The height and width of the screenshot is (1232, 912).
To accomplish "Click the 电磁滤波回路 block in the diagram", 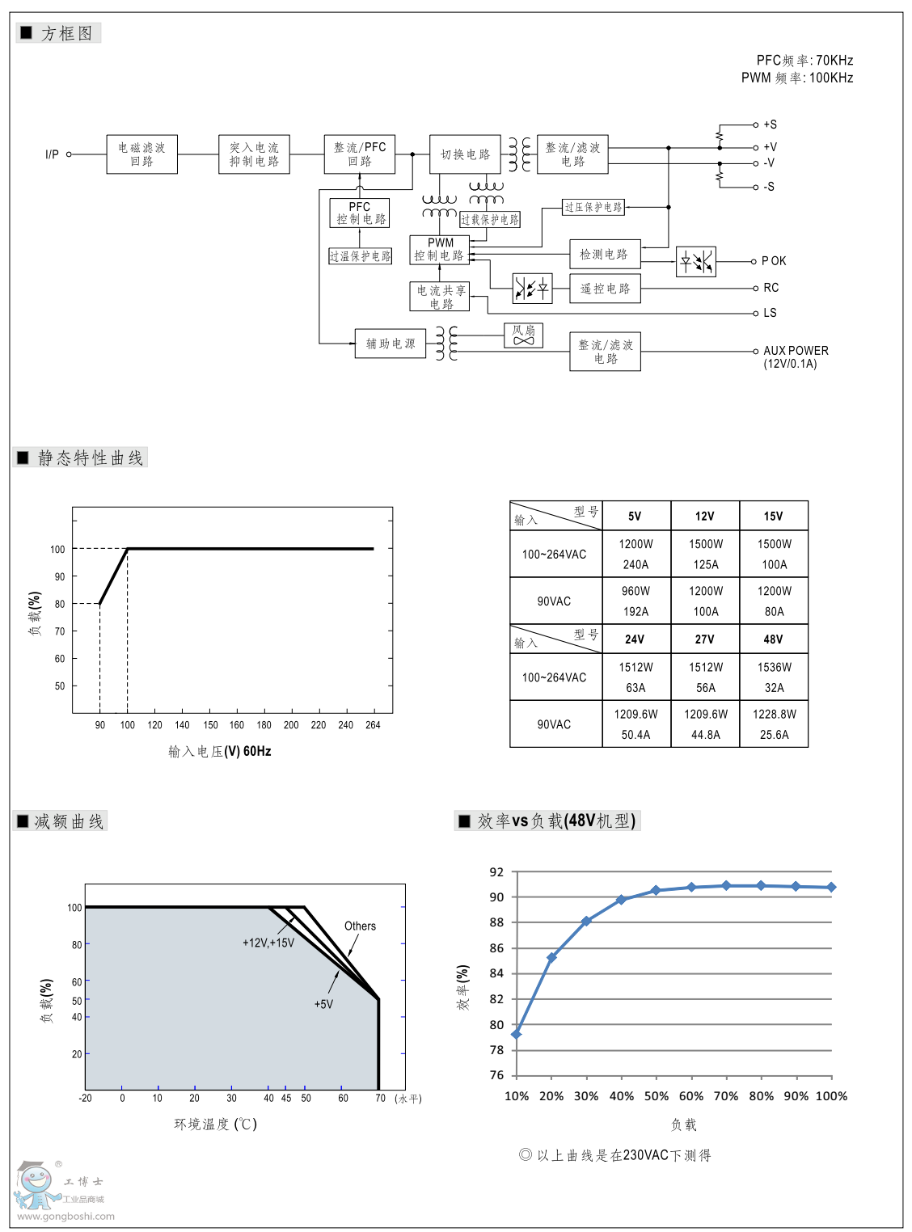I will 141,154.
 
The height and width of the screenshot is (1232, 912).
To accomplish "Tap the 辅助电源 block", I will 391,344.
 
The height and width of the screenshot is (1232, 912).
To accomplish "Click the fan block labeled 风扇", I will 523,335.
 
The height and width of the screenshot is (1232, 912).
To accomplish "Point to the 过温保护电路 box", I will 360,256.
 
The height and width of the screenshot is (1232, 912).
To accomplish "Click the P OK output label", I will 774,261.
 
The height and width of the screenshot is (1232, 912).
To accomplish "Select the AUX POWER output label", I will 796,351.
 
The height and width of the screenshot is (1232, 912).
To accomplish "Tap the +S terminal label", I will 770,124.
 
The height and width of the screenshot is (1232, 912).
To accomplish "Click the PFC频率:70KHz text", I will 804,61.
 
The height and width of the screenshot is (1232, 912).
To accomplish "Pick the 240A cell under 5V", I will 635,565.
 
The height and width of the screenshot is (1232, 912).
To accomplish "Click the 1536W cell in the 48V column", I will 774,667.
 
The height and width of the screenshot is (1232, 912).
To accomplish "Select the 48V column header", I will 773,639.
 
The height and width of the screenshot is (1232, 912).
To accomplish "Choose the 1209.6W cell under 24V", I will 635,714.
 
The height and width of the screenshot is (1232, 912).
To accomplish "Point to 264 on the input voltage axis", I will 373,725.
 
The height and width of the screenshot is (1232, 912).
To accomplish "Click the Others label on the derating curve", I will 360,926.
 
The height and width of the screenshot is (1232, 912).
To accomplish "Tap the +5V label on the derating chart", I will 323,1004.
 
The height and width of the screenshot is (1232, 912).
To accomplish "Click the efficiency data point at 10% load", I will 517,1034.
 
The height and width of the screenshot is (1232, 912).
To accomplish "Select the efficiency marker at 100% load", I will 831,887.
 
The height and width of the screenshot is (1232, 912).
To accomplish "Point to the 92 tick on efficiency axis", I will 496,872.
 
